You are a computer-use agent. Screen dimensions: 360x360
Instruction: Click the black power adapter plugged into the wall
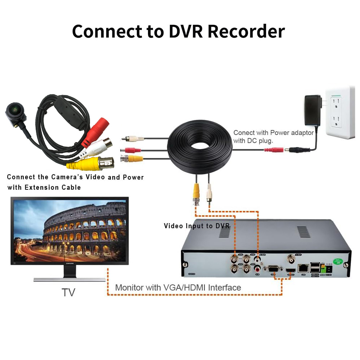point(312,109)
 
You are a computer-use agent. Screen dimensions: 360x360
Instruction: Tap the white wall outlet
point(340,112)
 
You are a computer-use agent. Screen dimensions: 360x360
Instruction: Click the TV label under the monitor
point(68,292)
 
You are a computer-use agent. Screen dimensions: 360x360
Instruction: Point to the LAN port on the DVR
point(303,267)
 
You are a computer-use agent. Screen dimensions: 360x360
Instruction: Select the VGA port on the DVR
point(273,269)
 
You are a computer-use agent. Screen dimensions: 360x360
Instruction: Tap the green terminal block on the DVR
point(323,268)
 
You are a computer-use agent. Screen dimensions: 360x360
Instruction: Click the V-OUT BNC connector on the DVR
point(290,258)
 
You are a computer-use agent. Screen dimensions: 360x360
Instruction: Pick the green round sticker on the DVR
point(338,260)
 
